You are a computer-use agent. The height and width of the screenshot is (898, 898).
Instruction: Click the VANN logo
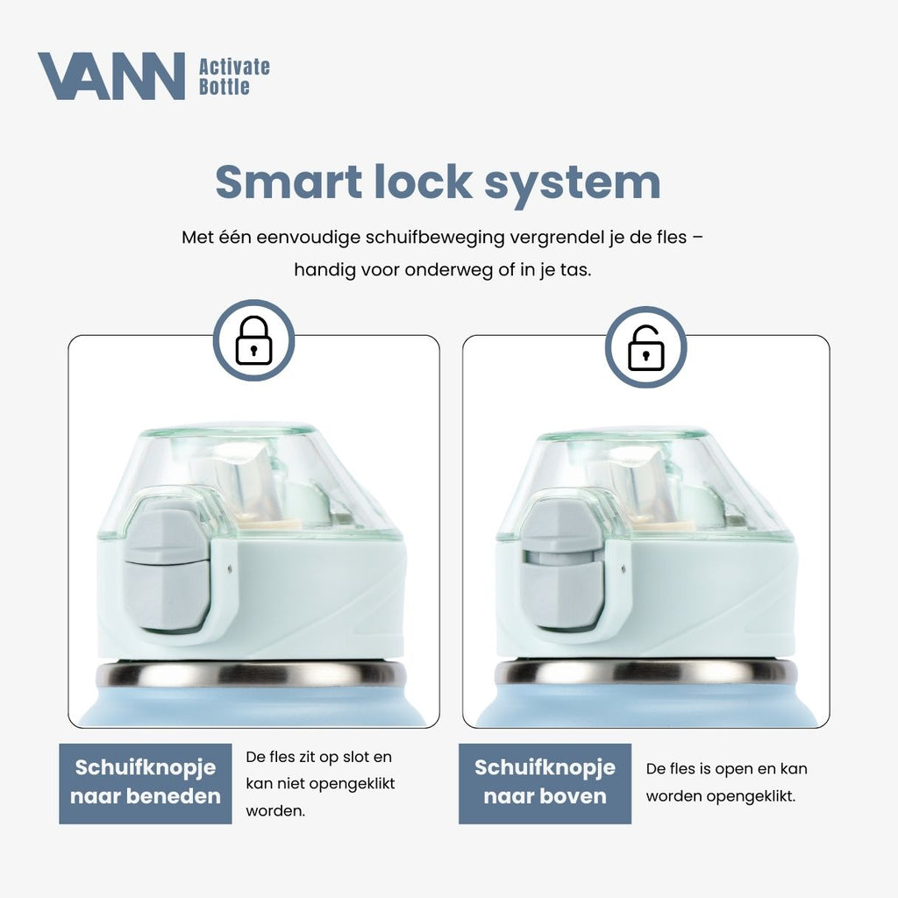click(x=111, y=76)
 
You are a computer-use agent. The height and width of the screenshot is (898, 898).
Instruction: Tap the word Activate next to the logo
click(x=234, y=67)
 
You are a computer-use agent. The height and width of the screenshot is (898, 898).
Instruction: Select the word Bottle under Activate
click(x=224, y=87)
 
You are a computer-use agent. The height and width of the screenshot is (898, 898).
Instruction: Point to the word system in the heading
click(x=572, y=184)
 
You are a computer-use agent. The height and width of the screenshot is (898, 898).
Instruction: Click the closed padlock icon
click(x=253, y=340)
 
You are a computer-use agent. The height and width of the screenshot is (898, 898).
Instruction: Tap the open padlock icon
click(x=646, y=348)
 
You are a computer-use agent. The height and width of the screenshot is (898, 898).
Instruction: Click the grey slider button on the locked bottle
click(x=166, y=570)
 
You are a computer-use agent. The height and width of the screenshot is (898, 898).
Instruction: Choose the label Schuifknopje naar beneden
click(x=146, y=782)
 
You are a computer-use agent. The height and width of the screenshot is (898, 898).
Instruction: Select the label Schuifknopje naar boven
click(x=545, y=782)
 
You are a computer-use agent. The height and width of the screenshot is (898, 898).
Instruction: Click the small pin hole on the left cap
click(x=230, y=568)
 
